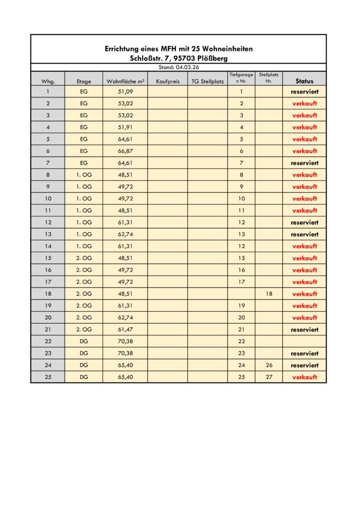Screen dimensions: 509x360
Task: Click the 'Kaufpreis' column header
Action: [168, 81]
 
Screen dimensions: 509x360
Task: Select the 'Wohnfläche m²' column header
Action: [125, 81]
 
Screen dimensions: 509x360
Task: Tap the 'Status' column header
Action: [304, 81]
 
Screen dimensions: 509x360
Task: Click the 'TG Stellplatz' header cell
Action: [207, 81]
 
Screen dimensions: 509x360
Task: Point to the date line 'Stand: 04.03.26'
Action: [179, 67]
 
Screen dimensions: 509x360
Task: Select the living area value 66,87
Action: [125, 151]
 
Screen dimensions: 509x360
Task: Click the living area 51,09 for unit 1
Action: [125, 91]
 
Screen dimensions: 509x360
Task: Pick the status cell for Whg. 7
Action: [304, 163]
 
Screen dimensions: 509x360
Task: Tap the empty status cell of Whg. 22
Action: [304, 341]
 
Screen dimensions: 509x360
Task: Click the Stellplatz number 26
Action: [269, 365]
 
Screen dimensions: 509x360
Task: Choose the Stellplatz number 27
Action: [269, 377]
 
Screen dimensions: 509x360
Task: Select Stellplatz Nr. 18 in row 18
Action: [269, 294]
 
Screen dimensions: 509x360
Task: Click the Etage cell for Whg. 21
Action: [84, 330]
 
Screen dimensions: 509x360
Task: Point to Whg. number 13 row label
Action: [48, 234]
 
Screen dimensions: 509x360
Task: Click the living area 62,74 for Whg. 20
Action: [125, 318]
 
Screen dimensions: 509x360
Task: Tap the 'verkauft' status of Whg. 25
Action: [304, 377]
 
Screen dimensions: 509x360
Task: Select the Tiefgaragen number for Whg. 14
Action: [242, 246]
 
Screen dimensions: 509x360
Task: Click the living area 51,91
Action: [125, 127]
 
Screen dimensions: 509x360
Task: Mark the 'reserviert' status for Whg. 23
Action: [304, 353]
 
